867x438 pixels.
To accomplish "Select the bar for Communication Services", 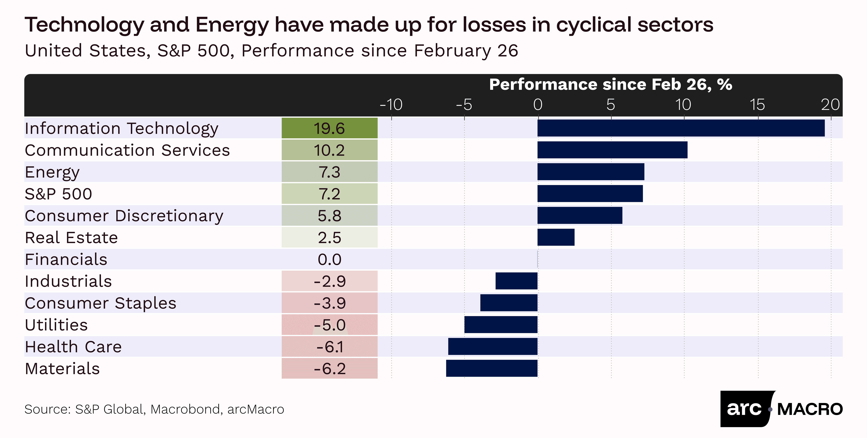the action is point(613,150).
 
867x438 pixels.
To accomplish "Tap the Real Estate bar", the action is point(556,237).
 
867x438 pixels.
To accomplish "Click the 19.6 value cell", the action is point(330,128).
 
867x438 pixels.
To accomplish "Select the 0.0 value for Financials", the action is point(330,259).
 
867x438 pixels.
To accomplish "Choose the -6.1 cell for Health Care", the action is point(330,346).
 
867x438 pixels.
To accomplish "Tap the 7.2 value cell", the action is point(330,194).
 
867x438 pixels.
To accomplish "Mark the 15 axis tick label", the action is point(757,105).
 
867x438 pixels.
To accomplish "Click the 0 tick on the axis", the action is point(538,105).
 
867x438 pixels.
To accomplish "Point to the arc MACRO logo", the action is point(782,409).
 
